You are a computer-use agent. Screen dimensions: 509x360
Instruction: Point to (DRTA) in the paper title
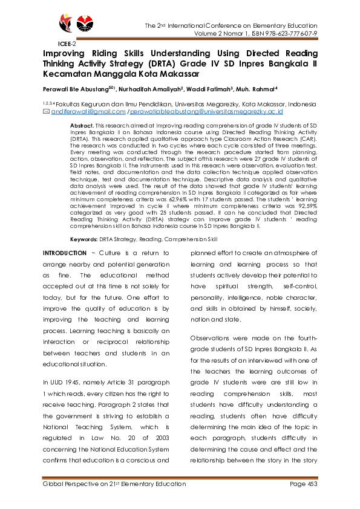(x=175, y=64)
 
